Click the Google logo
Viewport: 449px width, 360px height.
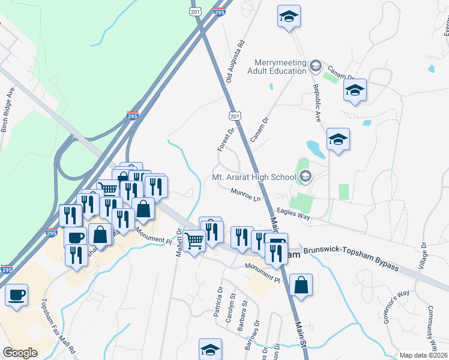pyautogui.click(x=20, y=353)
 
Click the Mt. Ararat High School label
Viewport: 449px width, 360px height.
pyautogui.click(x=254, y=177)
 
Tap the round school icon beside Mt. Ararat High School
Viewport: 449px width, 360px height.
pyautogui.click(x=306, y=176)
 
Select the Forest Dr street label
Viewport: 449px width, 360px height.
pyautogui.click(x=228, y=138)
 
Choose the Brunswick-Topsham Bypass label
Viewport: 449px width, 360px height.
pyautogui.click(x=351, y=257)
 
